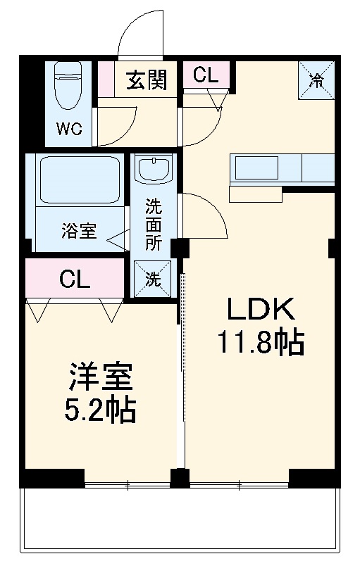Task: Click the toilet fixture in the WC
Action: [x=68, y=85]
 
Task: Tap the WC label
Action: [x=69, y=128]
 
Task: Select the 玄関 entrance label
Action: [x=147, y=80]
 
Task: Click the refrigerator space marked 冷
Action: [x=316, y=80]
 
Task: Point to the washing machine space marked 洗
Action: [x=153, y=279]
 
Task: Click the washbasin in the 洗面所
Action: [x=154, y=170]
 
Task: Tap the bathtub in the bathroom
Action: [x=80, y=179]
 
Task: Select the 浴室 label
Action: [x=79, y=231]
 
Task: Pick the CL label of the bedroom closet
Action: [x=75, y=279]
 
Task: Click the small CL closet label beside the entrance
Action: [x=206, y=75]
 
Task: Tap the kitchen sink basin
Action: [x=256, y=168]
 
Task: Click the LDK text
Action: [x=261, y=309]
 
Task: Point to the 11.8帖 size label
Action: [x=261, y=342]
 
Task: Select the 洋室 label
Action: [x=101, y=377]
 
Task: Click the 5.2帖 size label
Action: [x=100, y=410]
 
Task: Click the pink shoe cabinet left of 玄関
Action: [x=106, y=79]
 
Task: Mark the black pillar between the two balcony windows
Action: [x=180, y=478]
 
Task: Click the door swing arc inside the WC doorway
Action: [x=127, y=135]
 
